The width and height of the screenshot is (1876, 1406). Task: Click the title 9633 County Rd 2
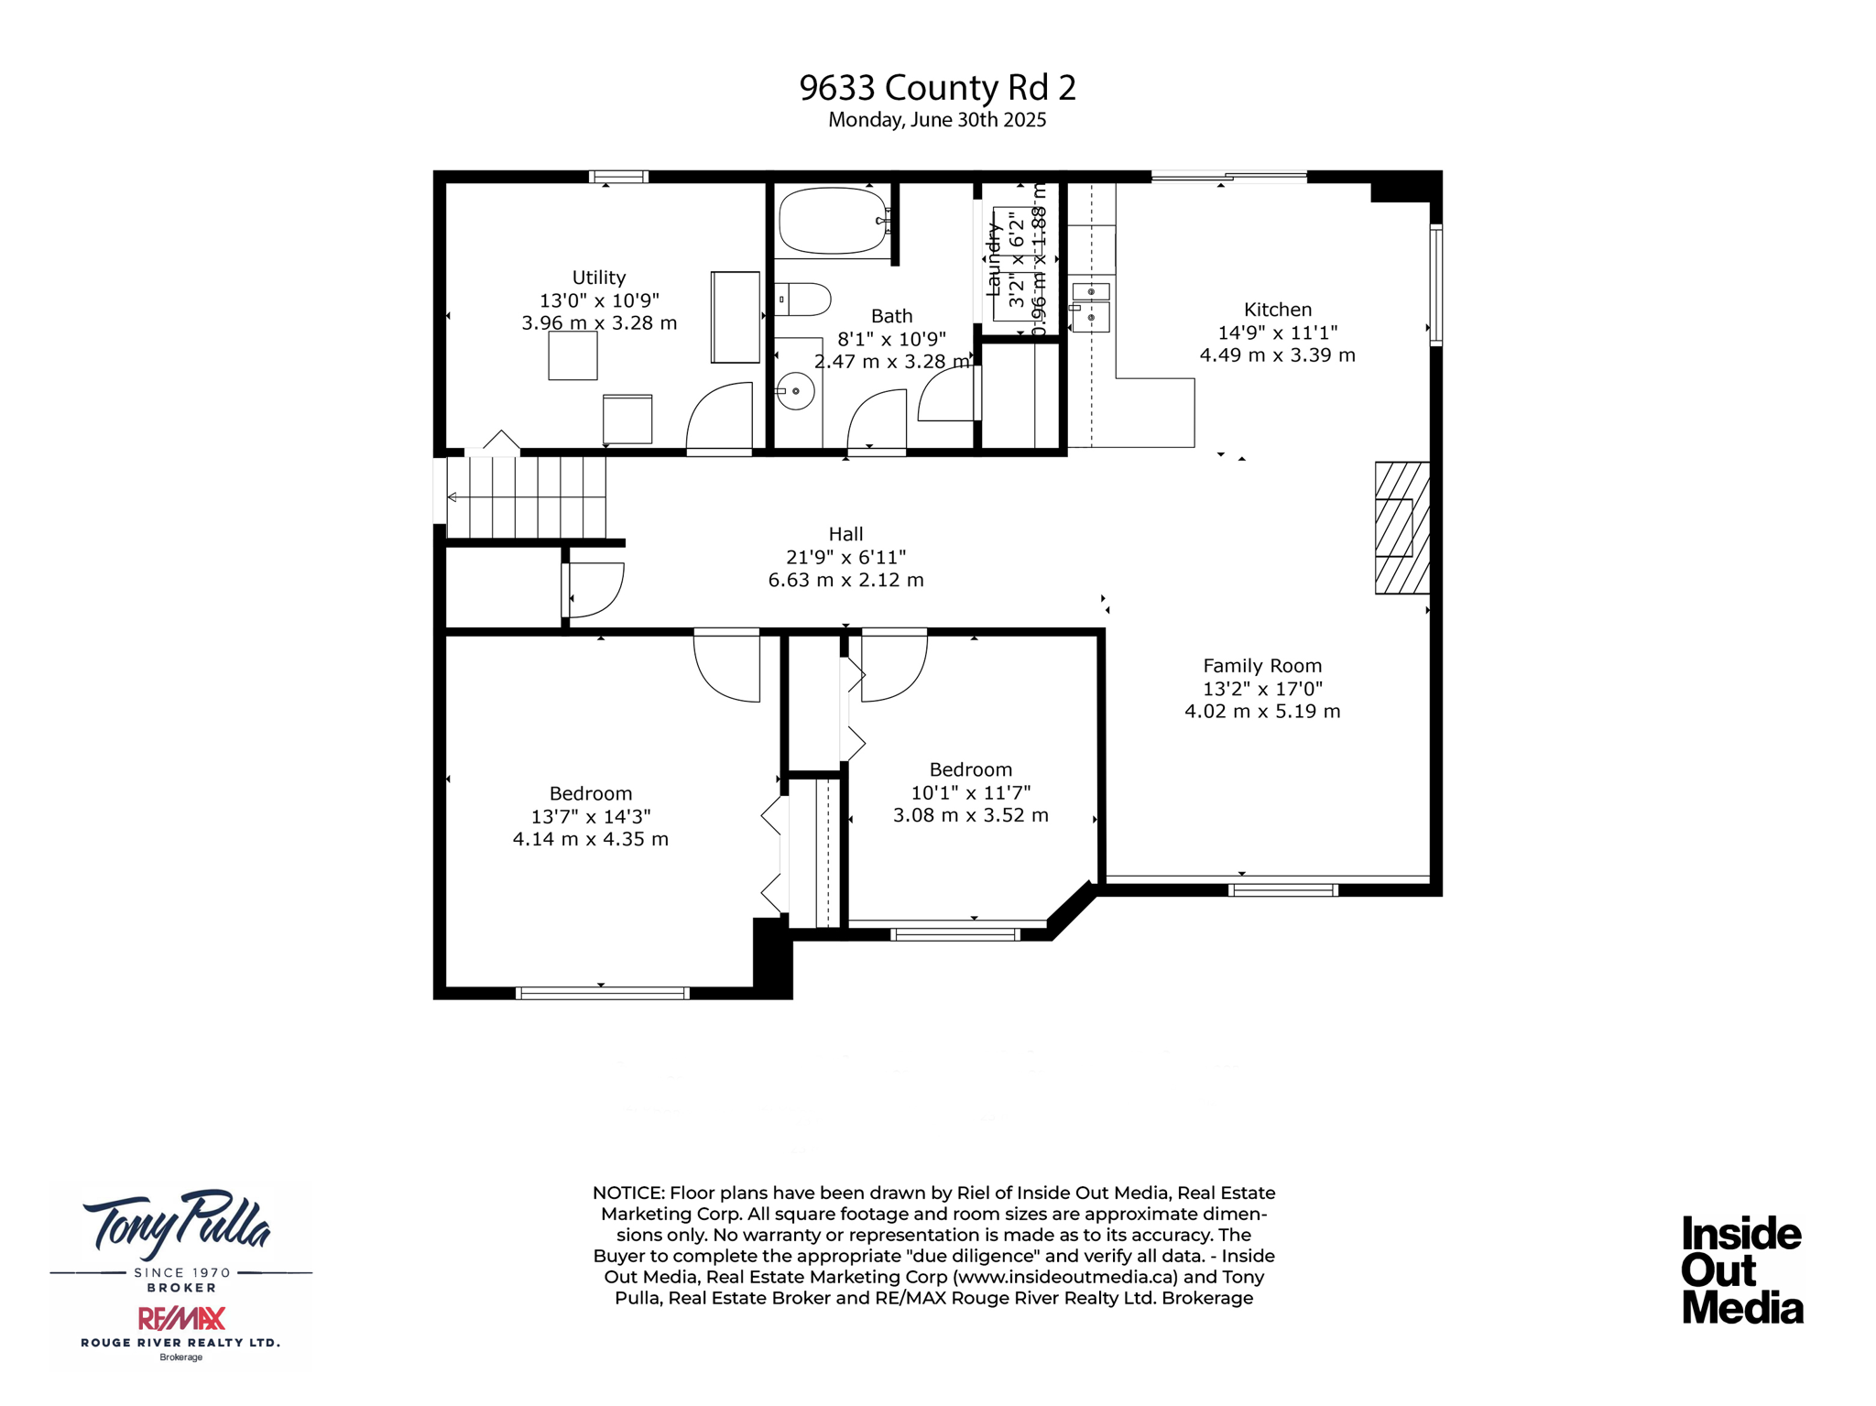[937, 88]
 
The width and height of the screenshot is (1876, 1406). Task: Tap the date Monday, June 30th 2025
[937, 120]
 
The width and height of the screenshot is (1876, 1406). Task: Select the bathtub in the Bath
[832, 221]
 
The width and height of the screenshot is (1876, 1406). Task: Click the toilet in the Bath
[805, 300]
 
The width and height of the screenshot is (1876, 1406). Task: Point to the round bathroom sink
[796, 391]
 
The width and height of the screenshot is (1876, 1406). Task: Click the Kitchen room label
[1277, 310]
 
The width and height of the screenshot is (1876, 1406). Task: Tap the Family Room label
[1261, 666]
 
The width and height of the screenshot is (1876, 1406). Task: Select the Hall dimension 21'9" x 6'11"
[845, 557]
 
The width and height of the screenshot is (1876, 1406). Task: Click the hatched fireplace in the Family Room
[1402, 528]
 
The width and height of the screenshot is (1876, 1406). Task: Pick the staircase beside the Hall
[527, 497]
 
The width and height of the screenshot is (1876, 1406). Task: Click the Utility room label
[598, 278]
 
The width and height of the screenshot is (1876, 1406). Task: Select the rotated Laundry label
[992, 261]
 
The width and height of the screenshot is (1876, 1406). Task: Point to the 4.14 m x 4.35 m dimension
[590, 839]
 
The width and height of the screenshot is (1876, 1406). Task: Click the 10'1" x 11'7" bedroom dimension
[970, 792]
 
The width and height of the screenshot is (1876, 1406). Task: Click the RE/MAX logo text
[181, 1318]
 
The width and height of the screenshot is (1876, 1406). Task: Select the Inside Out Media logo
[1741, 1270]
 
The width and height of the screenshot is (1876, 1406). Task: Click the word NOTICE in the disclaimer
[627, 1193]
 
